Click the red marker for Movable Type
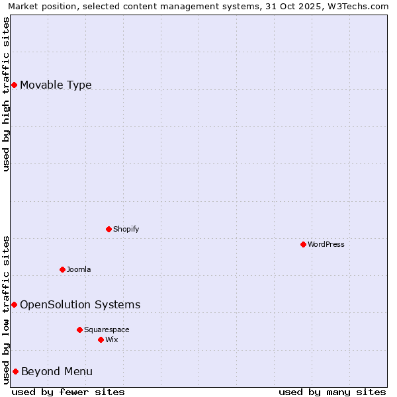[x=14, y=85]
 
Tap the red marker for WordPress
[x=303, y=244]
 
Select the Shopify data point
[x=109, y=229]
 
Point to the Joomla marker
[x=62, y=269]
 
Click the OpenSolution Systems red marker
[x=14, y=304]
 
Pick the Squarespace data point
[x=79, y=330]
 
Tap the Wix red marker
[x=101, y=339]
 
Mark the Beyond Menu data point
[x=15, y=371]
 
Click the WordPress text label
[x=326, y=244]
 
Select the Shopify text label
[x=126, y=229]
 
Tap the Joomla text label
[x=79, y=269]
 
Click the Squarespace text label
[x=107, y=330]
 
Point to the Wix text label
[x=112, y=339]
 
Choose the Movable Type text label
[x=56, y=85]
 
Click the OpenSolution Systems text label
[x=80, y=304]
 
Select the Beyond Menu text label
[x=57, y=371]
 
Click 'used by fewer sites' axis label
[x=68, y=392]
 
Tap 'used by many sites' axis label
[x=332, y=392]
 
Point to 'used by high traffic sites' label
[x=6, y=93]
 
